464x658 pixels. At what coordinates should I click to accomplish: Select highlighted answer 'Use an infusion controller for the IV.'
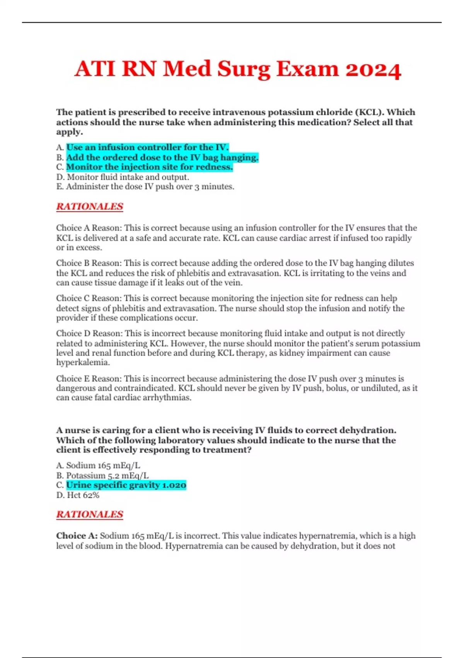pos(147,147)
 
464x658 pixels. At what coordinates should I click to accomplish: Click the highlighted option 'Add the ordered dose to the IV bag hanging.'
pos(162,158)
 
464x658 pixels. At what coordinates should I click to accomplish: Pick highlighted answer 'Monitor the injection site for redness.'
pos(149,167)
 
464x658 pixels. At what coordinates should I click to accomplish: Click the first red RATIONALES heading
pos(90,207)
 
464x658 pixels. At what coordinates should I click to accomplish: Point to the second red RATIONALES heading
pos(90,514)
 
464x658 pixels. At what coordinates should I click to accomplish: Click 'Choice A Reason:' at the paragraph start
pos(89,228)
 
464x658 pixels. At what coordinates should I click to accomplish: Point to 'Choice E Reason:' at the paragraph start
pos(89,379)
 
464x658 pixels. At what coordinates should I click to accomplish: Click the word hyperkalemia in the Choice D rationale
pos(83,363)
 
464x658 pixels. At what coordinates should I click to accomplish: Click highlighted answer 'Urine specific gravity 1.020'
pos(126,485)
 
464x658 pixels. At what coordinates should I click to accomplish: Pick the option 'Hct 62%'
pos(83,495)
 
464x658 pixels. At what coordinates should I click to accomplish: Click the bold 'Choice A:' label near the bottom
pos(77,536)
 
